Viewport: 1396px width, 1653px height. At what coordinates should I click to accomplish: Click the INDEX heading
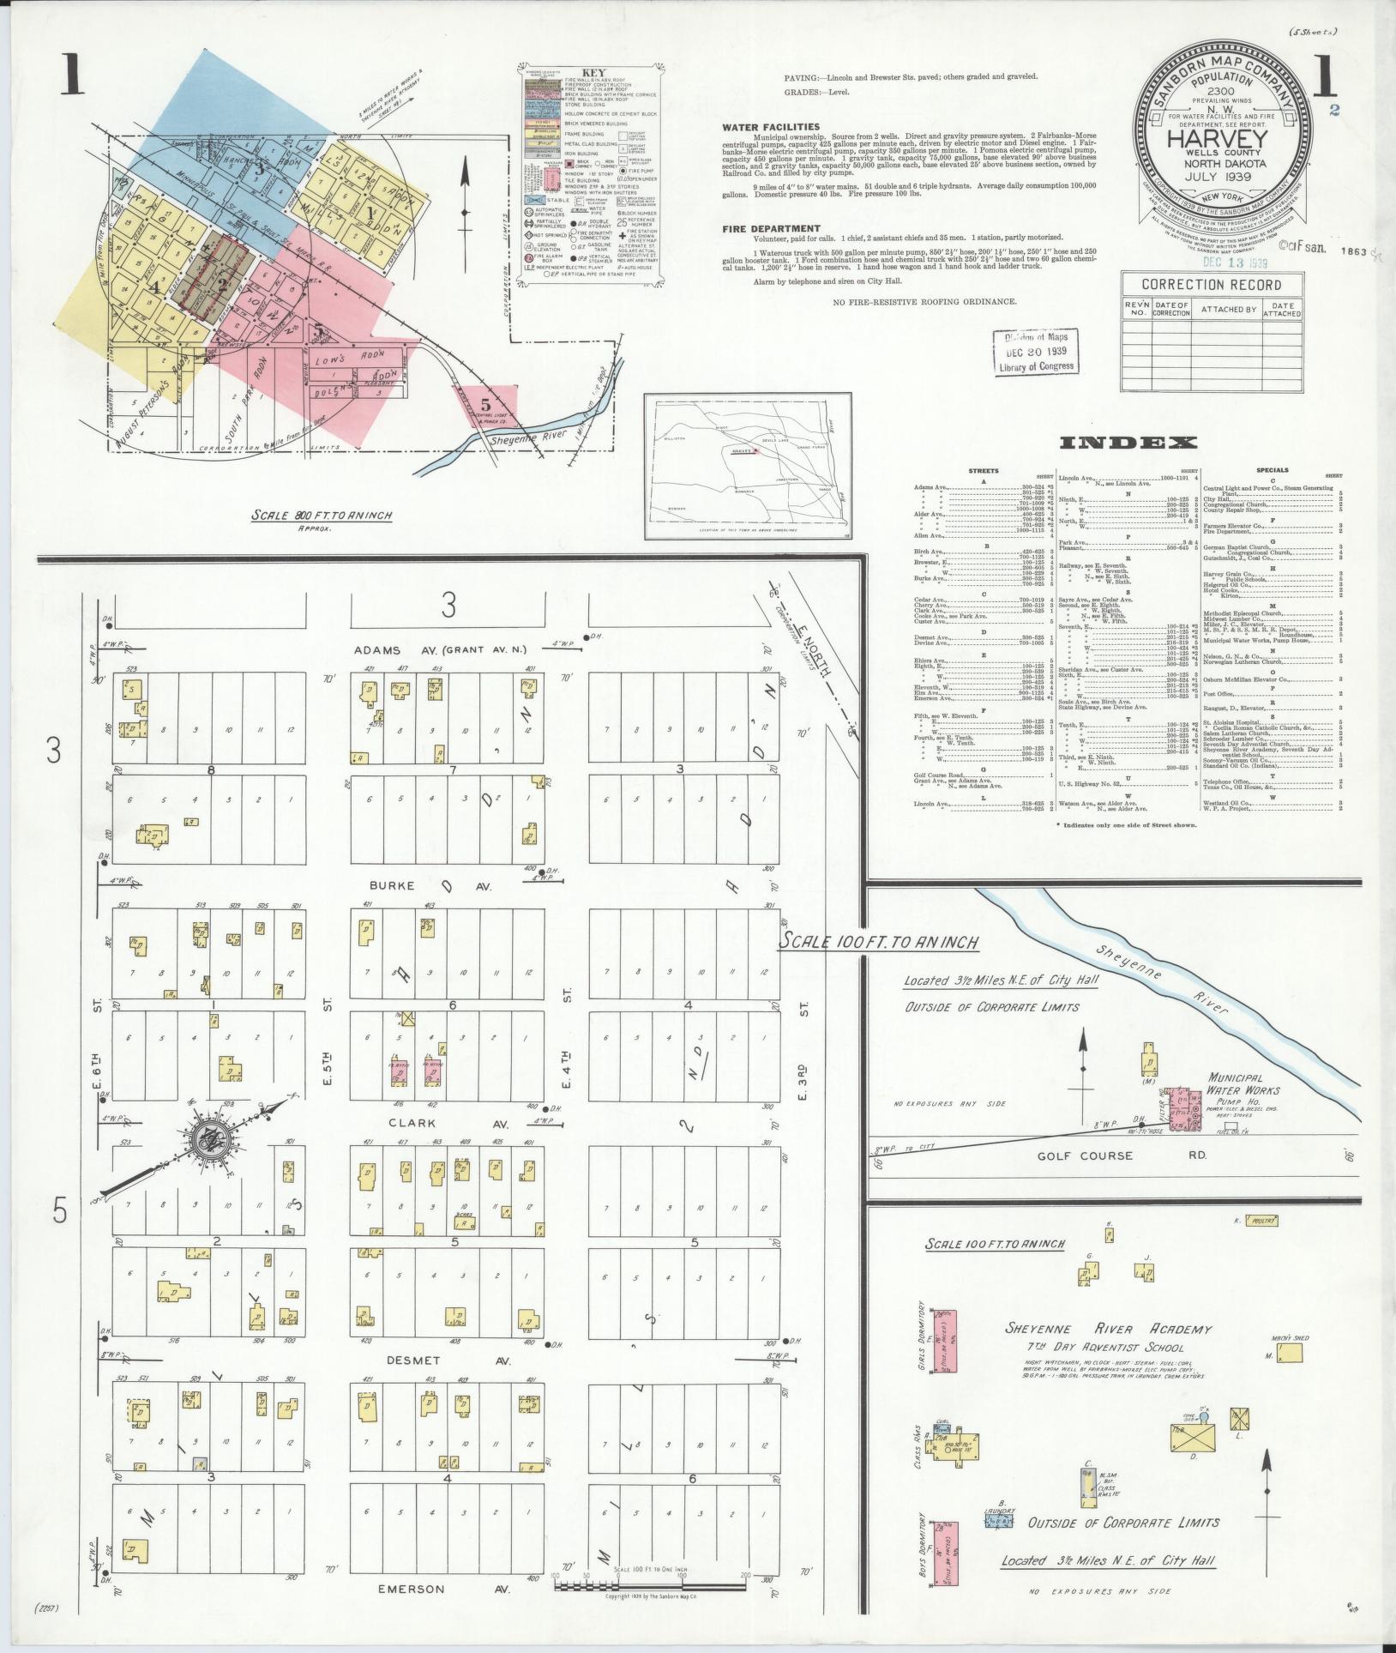click(x=1128, y=443)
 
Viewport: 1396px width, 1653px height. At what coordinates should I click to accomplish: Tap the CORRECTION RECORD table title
click(x=1211, y=285)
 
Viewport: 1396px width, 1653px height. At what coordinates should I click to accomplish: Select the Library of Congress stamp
click(x=1035, y=351)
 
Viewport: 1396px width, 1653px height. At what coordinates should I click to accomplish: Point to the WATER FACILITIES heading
click(x=770, y=127)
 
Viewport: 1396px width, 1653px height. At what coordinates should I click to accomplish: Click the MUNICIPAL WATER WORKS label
click(x=1243, y=1084)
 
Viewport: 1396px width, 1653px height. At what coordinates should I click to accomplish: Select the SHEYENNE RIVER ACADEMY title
click(x=1109, y=1329)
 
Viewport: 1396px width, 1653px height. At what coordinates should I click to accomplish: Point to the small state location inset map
click(x=749, y=467)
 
